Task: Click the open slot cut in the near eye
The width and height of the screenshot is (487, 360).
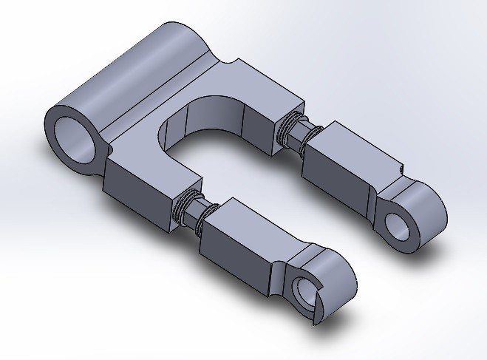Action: [316, 310]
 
